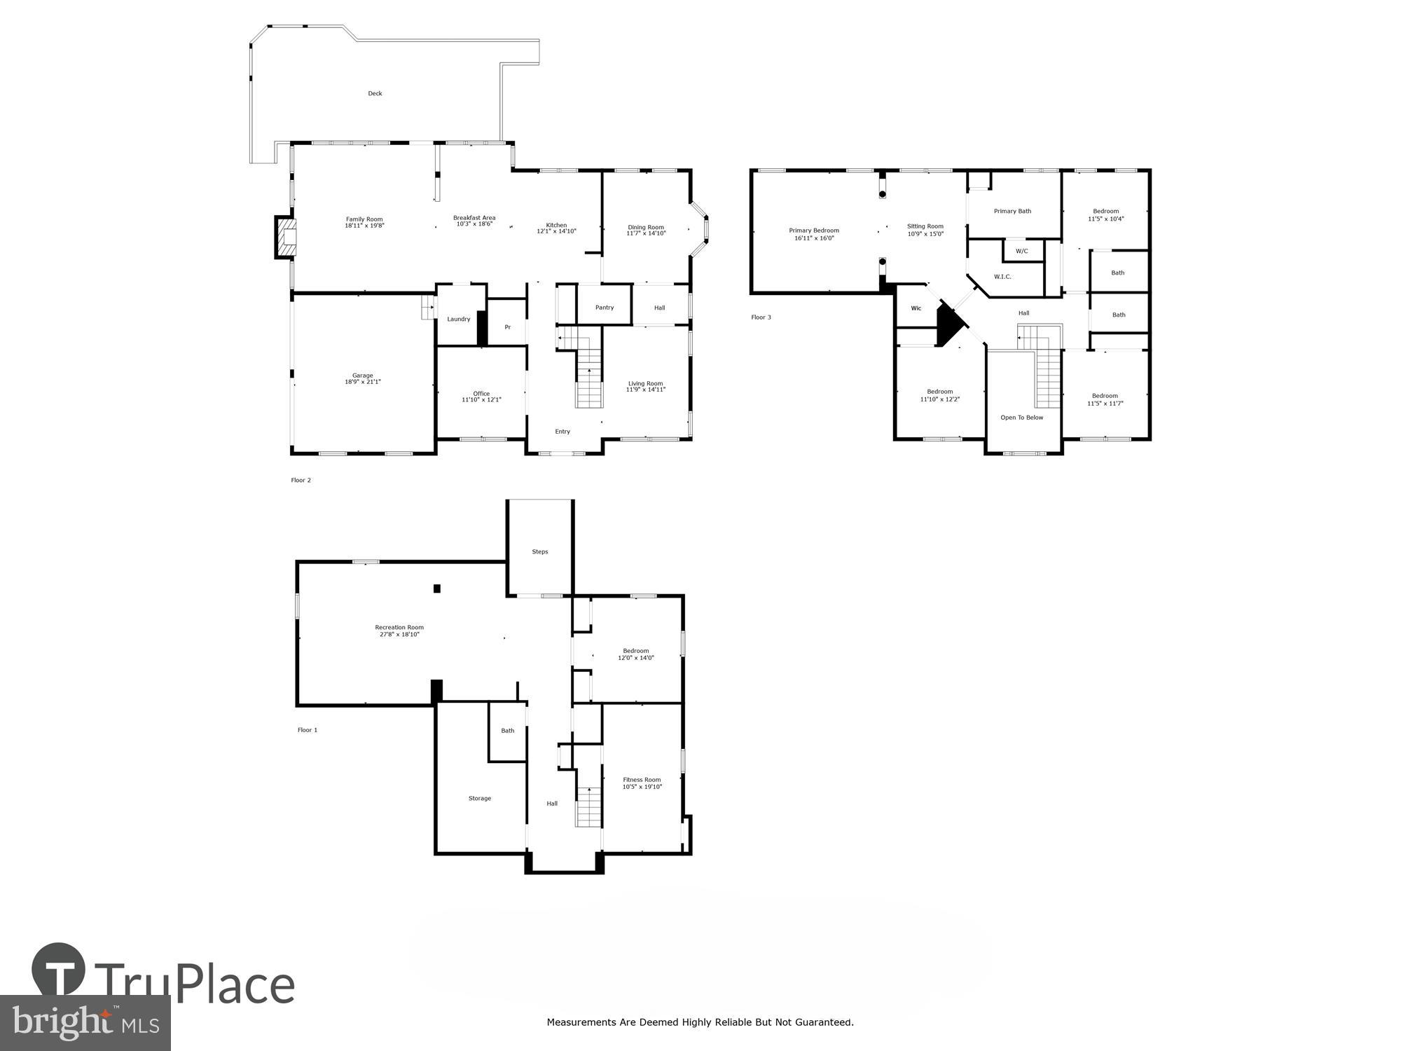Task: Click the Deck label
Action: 375,93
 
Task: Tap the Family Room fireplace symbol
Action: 286,238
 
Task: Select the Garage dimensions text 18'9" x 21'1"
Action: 362,382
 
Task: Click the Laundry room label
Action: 459,320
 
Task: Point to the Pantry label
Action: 605,308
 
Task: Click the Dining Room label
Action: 646,227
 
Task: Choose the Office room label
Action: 481,393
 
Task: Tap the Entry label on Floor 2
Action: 563,432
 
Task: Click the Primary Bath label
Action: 1012,211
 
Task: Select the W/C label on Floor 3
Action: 1021,251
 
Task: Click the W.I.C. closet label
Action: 1002,277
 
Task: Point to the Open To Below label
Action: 1021,418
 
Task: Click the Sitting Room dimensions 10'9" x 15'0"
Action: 925,234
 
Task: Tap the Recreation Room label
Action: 399,627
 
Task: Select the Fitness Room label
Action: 642,779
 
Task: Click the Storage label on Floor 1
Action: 480,798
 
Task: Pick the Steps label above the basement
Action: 539,551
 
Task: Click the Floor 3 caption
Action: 761,317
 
